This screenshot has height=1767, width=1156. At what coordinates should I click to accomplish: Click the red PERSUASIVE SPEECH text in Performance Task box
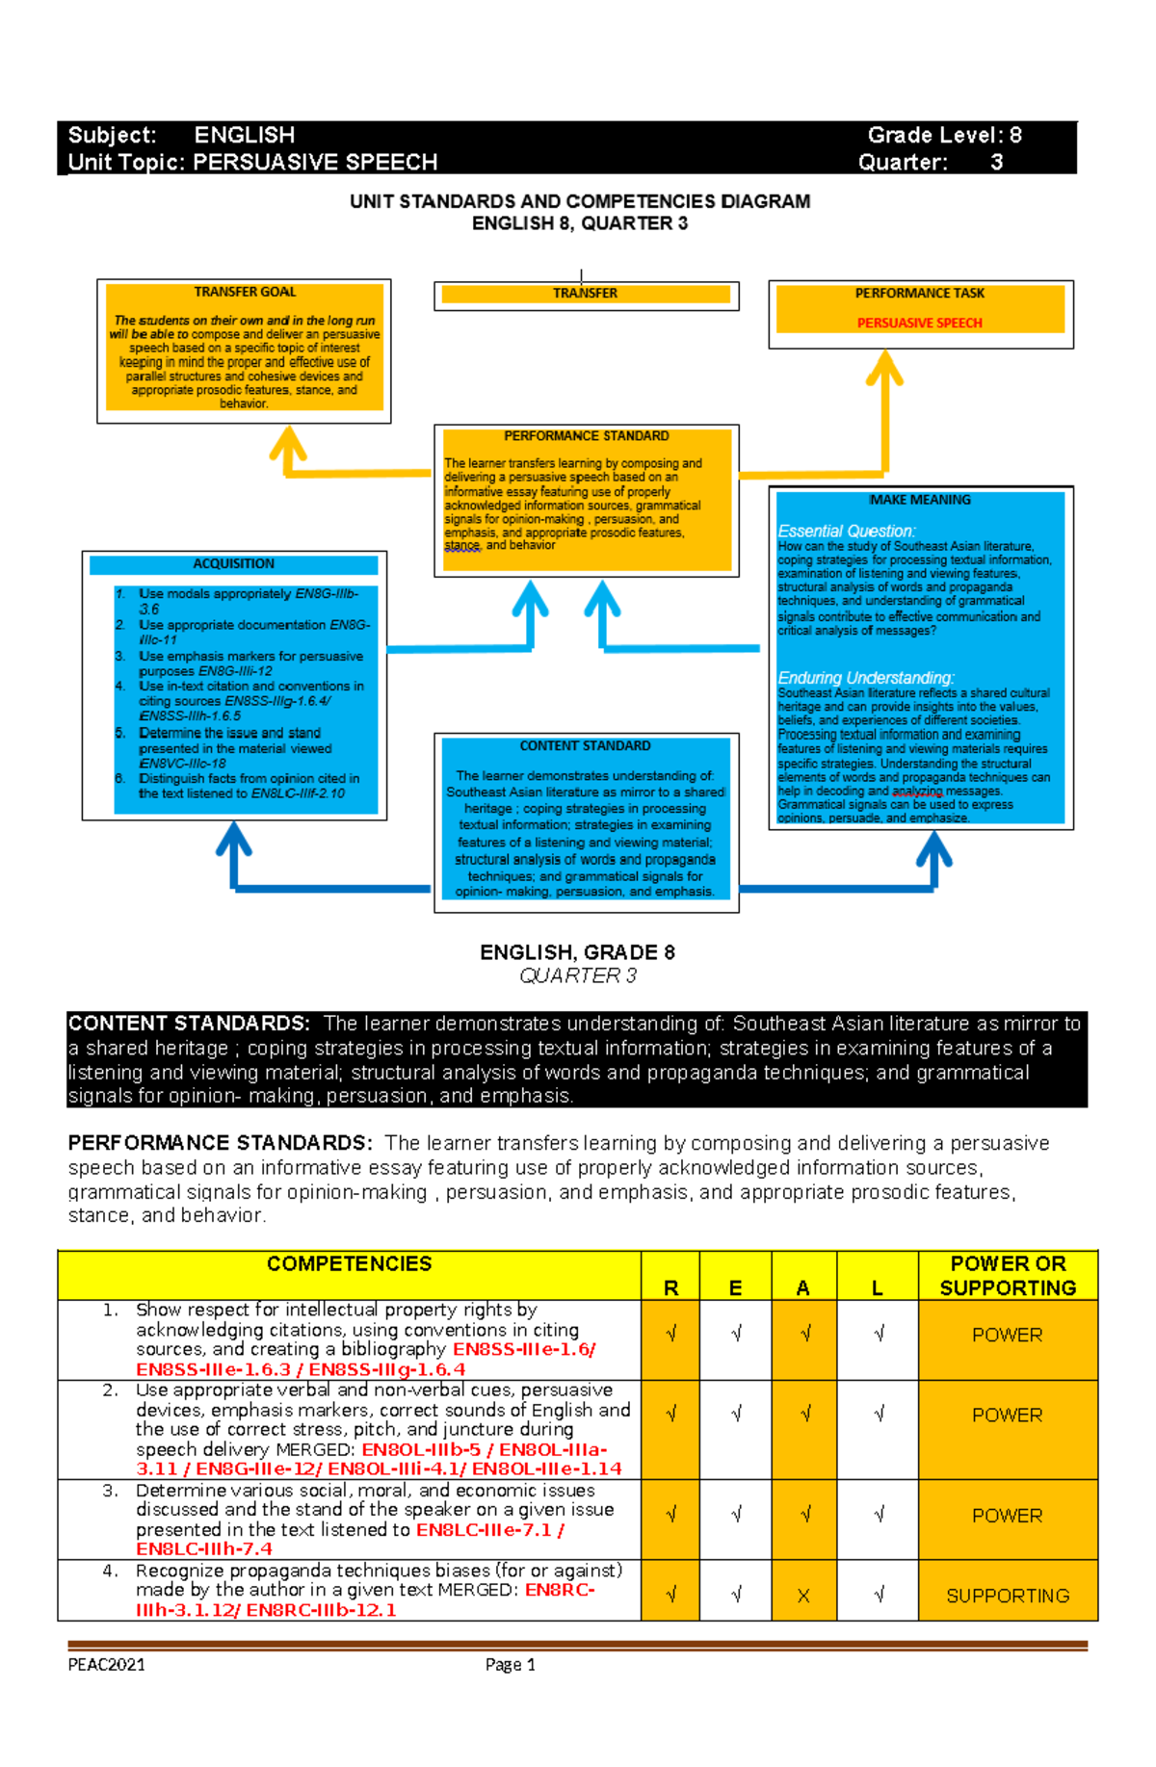[x=919, y=323]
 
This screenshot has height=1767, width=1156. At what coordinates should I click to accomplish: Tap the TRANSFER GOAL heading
[x=245, y=292]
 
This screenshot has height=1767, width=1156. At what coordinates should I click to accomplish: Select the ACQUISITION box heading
[x=233, y=563]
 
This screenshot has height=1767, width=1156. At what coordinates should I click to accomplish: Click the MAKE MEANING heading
[x=920, y=500]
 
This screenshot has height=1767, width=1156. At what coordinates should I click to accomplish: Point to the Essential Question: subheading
[x=846, y=531]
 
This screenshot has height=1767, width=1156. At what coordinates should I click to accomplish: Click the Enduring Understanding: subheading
[x=865, y=678]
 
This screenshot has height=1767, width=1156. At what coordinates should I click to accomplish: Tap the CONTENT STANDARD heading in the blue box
[x=585, y=745]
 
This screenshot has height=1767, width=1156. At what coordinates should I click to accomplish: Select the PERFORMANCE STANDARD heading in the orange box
[x=586, y=436]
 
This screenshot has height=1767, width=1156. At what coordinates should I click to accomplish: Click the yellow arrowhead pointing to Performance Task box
[x=884, y=368]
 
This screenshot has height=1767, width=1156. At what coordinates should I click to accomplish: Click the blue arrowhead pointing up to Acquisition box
[x=234, y=838]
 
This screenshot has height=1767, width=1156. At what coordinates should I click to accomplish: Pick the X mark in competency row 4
[x=803, y=1596]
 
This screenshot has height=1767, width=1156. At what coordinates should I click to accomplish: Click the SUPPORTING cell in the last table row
[x=1007, y=1596]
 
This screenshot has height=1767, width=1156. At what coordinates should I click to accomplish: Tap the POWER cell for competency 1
[x=1007, y=1335]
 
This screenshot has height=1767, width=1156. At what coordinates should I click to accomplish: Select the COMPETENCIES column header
[x=349, y=1263]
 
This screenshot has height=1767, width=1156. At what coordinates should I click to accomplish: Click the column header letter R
[x=670, y=1287]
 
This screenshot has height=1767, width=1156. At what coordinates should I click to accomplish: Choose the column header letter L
[x=877, y=1287]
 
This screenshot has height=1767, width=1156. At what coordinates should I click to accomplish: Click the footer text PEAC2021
[x=106, y=1664]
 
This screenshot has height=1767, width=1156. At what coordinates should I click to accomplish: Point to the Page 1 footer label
[x=510, y=1664]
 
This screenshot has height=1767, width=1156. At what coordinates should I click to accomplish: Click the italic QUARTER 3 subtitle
[x=577, y=975]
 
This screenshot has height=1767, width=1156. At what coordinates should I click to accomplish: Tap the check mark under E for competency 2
[x=736, y=1414]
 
